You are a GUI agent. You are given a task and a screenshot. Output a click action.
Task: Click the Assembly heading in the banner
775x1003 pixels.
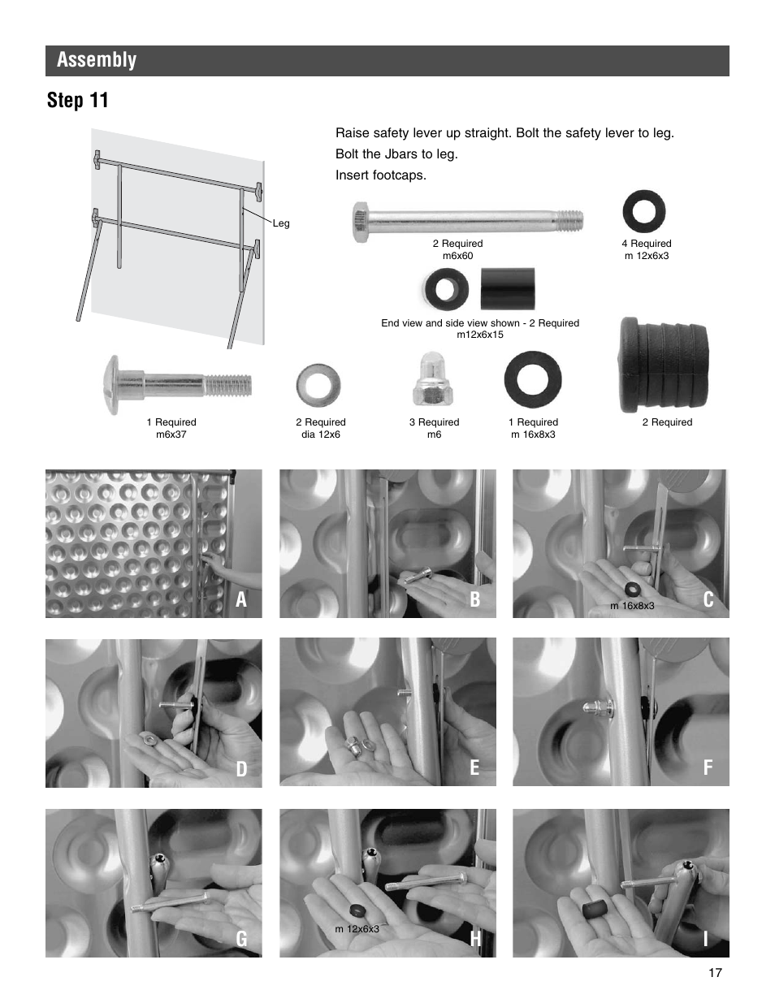click(97, 60)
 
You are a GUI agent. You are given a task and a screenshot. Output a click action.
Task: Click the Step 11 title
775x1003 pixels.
click(77, 101)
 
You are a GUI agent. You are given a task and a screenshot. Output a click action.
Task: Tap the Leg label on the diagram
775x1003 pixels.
click(281, 223)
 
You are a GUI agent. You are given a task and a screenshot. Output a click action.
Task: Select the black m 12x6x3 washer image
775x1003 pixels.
click(643, 212)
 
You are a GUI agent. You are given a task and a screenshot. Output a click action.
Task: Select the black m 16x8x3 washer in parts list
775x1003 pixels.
click(532, 379)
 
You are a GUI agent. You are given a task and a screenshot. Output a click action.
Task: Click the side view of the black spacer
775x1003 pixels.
click(507, 289)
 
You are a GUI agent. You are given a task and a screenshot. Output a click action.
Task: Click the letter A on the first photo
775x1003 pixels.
click(241, 599)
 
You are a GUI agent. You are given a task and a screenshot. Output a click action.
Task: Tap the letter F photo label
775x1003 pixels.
click(708, 768)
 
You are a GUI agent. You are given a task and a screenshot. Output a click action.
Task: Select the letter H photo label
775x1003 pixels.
click(475, 939)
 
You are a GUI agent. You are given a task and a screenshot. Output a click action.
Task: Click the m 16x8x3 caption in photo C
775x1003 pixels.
click(632, 606)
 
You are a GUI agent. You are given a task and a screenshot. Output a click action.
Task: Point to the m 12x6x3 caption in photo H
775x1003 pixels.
click(357, 929)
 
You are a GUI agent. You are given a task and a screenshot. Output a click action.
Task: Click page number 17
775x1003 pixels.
click(714, 973)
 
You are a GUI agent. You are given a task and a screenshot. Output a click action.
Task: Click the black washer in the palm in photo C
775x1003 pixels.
click(630, 588)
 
